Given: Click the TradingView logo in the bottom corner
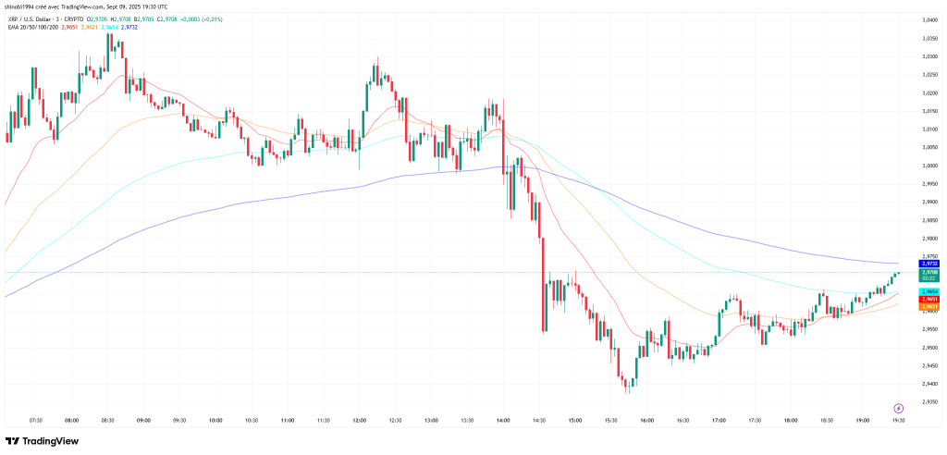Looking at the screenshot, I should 42,441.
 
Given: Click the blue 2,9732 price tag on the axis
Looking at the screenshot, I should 930,264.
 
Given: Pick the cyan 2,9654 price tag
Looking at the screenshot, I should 930,291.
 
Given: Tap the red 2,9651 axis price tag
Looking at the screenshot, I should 930,299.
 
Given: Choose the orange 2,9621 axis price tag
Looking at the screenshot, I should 930,306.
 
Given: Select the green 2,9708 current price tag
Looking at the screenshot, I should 930,274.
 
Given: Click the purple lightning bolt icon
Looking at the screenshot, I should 898,408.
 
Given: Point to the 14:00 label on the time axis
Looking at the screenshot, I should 502,420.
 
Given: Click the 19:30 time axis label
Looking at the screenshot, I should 897,420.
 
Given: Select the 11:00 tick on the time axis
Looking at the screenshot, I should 287,420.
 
